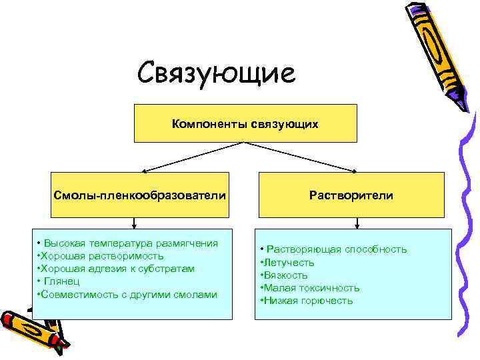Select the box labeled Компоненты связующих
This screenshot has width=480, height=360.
[245, 123]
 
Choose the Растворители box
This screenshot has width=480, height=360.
[351, 195]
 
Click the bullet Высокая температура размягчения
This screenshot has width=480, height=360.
[127, 243]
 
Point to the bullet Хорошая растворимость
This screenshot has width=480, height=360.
[101, 256]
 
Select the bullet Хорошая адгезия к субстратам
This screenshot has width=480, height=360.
[117, 269]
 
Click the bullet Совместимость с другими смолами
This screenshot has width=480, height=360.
[128, 294]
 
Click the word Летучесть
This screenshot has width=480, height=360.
[289, 262]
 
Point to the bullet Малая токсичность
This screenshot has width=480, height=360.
[311, 287]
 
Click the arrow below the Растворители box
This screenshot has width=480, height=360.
[351, 223]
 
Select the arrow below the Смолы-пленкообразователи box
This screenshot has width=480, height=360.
[136, 223]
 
